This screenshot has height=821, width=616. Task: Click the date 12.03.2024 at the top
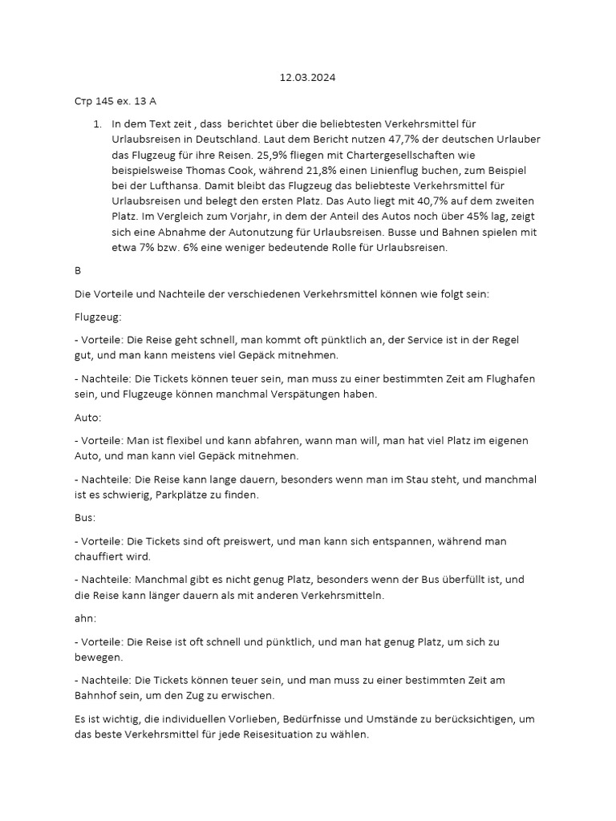tap(307, 78)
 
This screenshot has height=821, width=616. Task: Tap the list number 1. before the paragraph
tap(97, 124)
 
